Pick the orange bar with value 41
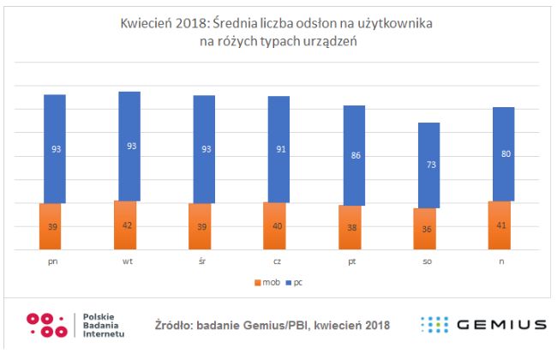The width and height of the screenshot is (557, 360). point(503,225)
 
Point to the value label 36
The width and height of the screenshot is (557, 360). point(428,229)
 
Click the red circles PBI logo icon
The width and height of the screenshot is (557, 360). point(46,325)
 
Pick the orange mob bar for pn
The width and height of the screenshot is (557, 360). point(54,226)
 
